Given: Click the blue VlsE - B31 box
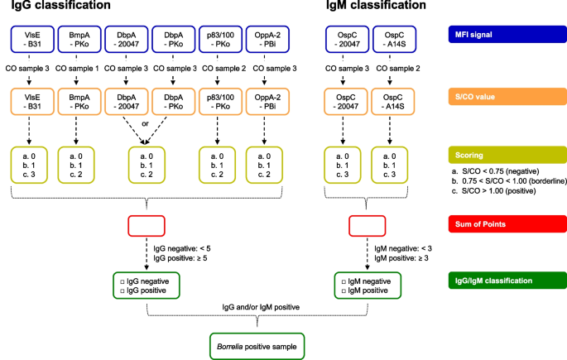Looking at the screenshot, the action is (x=32, y=40).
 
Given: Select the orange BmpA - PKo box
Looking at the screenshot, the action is (x=79, y=102).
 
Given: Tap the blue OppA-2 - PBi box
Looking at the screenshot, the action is (x=267, y=40).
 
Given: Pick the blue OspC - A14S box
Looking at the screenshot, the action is (x=394, y=40).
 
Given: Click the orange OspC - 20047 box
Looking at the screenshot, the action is (x=346, y=102).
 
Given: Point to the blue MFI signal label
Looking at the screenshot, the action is (x=507, y=34).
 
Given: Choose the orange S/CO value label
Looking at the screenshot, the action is (x=507, y=97).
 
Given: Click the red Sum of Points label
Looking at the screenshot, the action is (x=507, y=224).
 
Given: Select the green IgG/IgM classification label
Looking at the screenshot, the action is (x=507, y=281).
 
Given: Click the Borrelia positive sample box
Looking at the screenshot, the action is (x=257, y=346).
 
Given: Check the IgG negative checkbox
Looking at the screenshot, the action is (x=123, y=281).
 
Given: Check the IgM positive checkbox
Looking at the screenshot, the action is (x=344, y=291).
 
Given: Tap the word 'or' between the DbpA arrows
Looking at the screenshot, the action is (x=146, y=123).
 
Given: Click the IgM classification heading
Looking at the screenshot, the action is (x=376, y=5).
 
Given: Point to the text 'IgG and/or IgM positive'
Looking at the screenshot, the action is (x=261, y=307).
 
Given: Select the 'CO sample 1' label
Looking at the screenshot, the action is (x=77, y=69).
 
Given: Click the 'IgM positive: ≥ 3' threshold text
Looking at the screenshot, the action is (x=401, y=258).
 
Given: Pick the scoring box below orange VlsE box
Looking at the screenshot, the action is (x=29, y=166).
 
